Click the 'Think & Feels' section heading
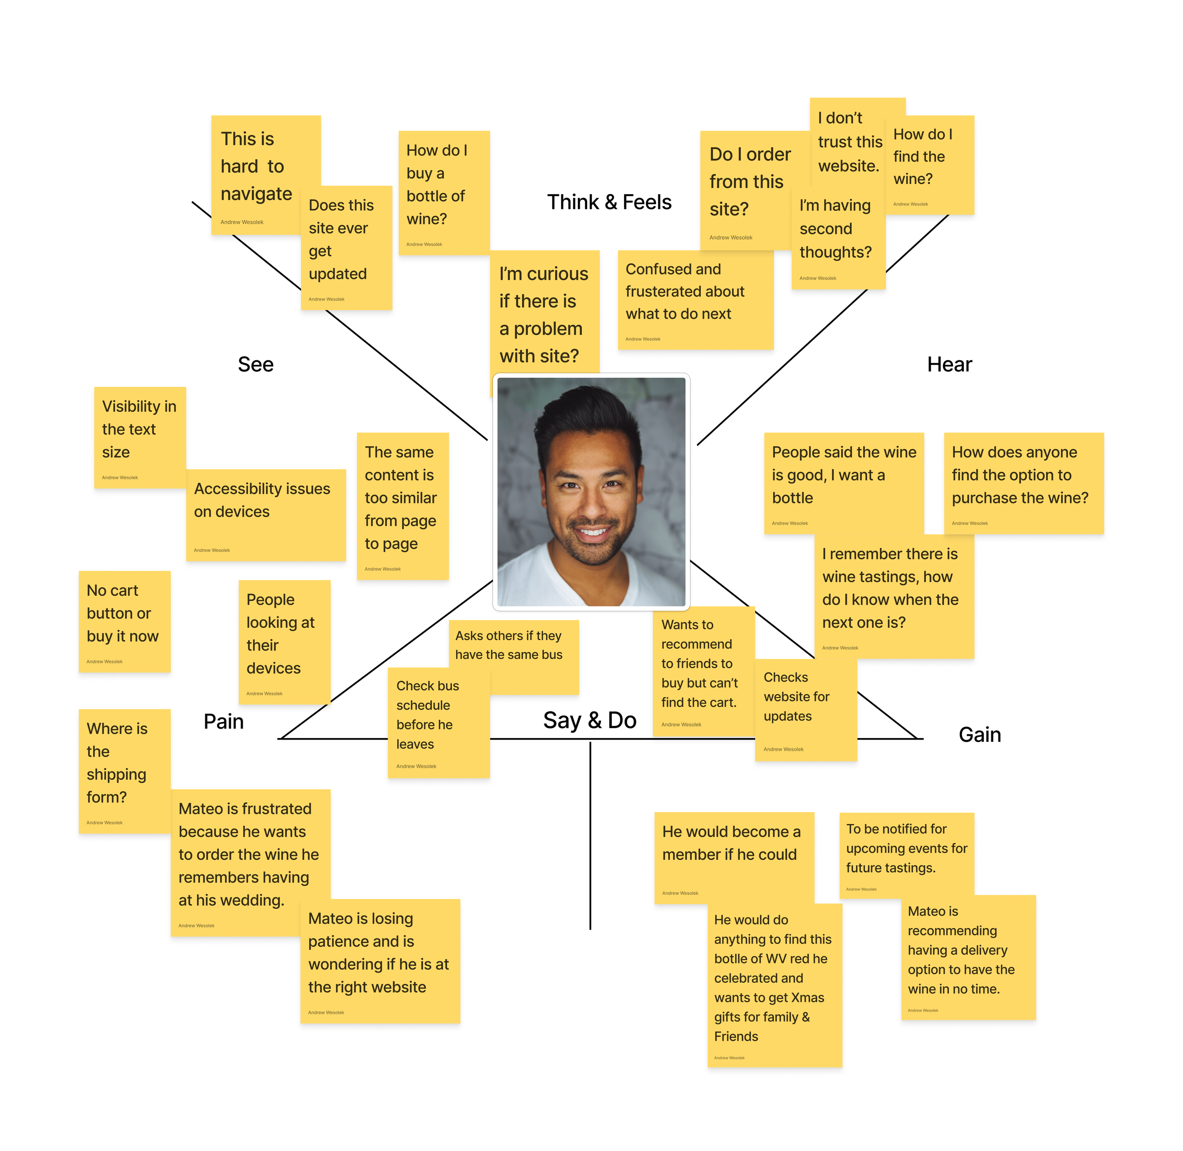pyautogui.click(x=609, y=202)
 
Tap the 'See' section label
pyautogui.click(x=255, y=365)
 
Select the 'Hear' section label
pyautogui.click(x=949, y=365)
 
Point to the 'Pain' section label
pyautogui.click(x=223, y=721)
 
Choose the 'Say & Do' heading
pyautogui.click(x=589, y=720)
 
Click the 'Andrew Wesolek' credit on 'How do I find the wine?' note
pyautogui.click(x=910, y=205)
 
